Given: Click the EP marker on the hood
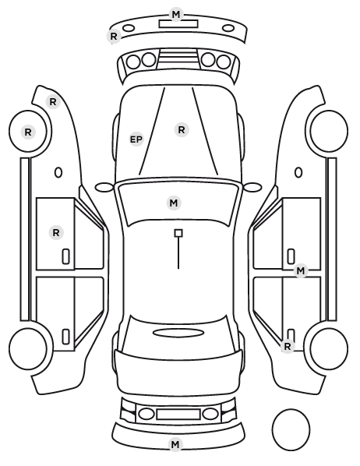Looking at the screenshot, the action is [136, 139].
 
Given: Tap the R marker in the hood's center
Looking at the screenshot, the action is [182, 130].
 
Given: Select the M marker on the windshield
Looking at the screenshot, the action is [174, 203].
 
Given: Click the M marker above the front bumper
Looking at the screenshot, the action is [176, 14].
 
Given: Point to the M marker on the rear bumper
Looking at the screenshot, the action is [175, 445].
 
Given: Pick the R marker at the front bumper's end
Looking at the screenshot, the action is [114, 37].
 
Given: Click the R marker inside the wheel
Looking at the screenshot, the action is [28, 132].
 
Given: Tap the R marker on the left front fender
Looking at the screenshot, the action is [53, 102].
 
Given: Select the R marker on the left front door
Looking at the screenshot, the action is [56, 233].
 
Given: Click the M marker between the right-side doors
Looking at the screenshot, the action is [301, 271].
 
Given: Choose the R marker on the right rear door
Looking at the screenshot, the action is [288, 347].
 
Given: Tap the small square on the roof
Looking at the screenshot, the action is [178, 233].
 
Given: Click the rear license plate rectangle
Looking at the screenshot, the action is [178, 414].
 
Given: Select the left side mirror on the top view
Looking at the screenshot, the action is [104, 187].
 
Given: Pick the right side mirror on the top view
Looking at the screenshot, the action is [252, 187].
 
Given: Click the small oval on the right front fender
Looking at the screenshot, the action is [298, 172].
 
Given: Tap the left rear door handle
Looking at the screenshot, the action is [66, 337].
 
